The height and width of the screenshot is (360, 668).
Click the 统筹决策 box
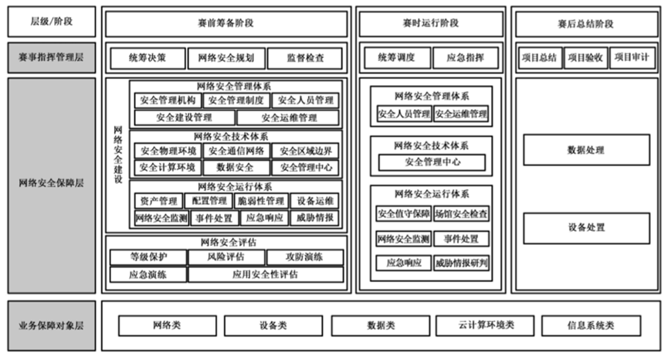tap(147, 58)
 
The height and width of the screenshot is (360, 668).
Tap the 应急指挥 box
tap(465, 58)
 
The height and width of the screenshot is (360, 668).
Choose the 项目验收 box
tap(585, 58)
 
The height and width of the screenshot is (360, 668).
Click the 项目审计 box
tap(632, 58)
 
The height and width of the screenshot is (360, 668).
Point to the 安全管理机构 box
tap(168, 100)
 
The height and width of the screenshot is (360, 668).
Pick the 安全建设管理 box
tap(184, 118)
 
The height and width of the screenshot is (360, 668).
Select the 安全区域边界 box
tap(307, 151)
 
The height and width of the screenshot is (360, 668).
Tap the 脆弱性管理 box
tap(260, 201)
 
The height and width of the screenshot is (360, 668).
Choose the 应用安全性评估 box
tap(266, 274)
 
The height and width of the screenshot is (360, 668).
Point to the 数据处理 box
tap(585, 150)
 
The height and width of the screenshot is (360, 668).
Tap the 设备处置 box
tap(585, 228)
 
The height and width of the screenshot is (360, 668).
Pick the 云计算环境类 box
tap(485, 326)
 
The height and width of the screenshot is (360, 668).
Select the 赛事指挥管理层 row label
tap(51, 58)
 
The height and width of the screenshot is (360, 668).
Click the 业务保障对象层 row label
tap(51, 326)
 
